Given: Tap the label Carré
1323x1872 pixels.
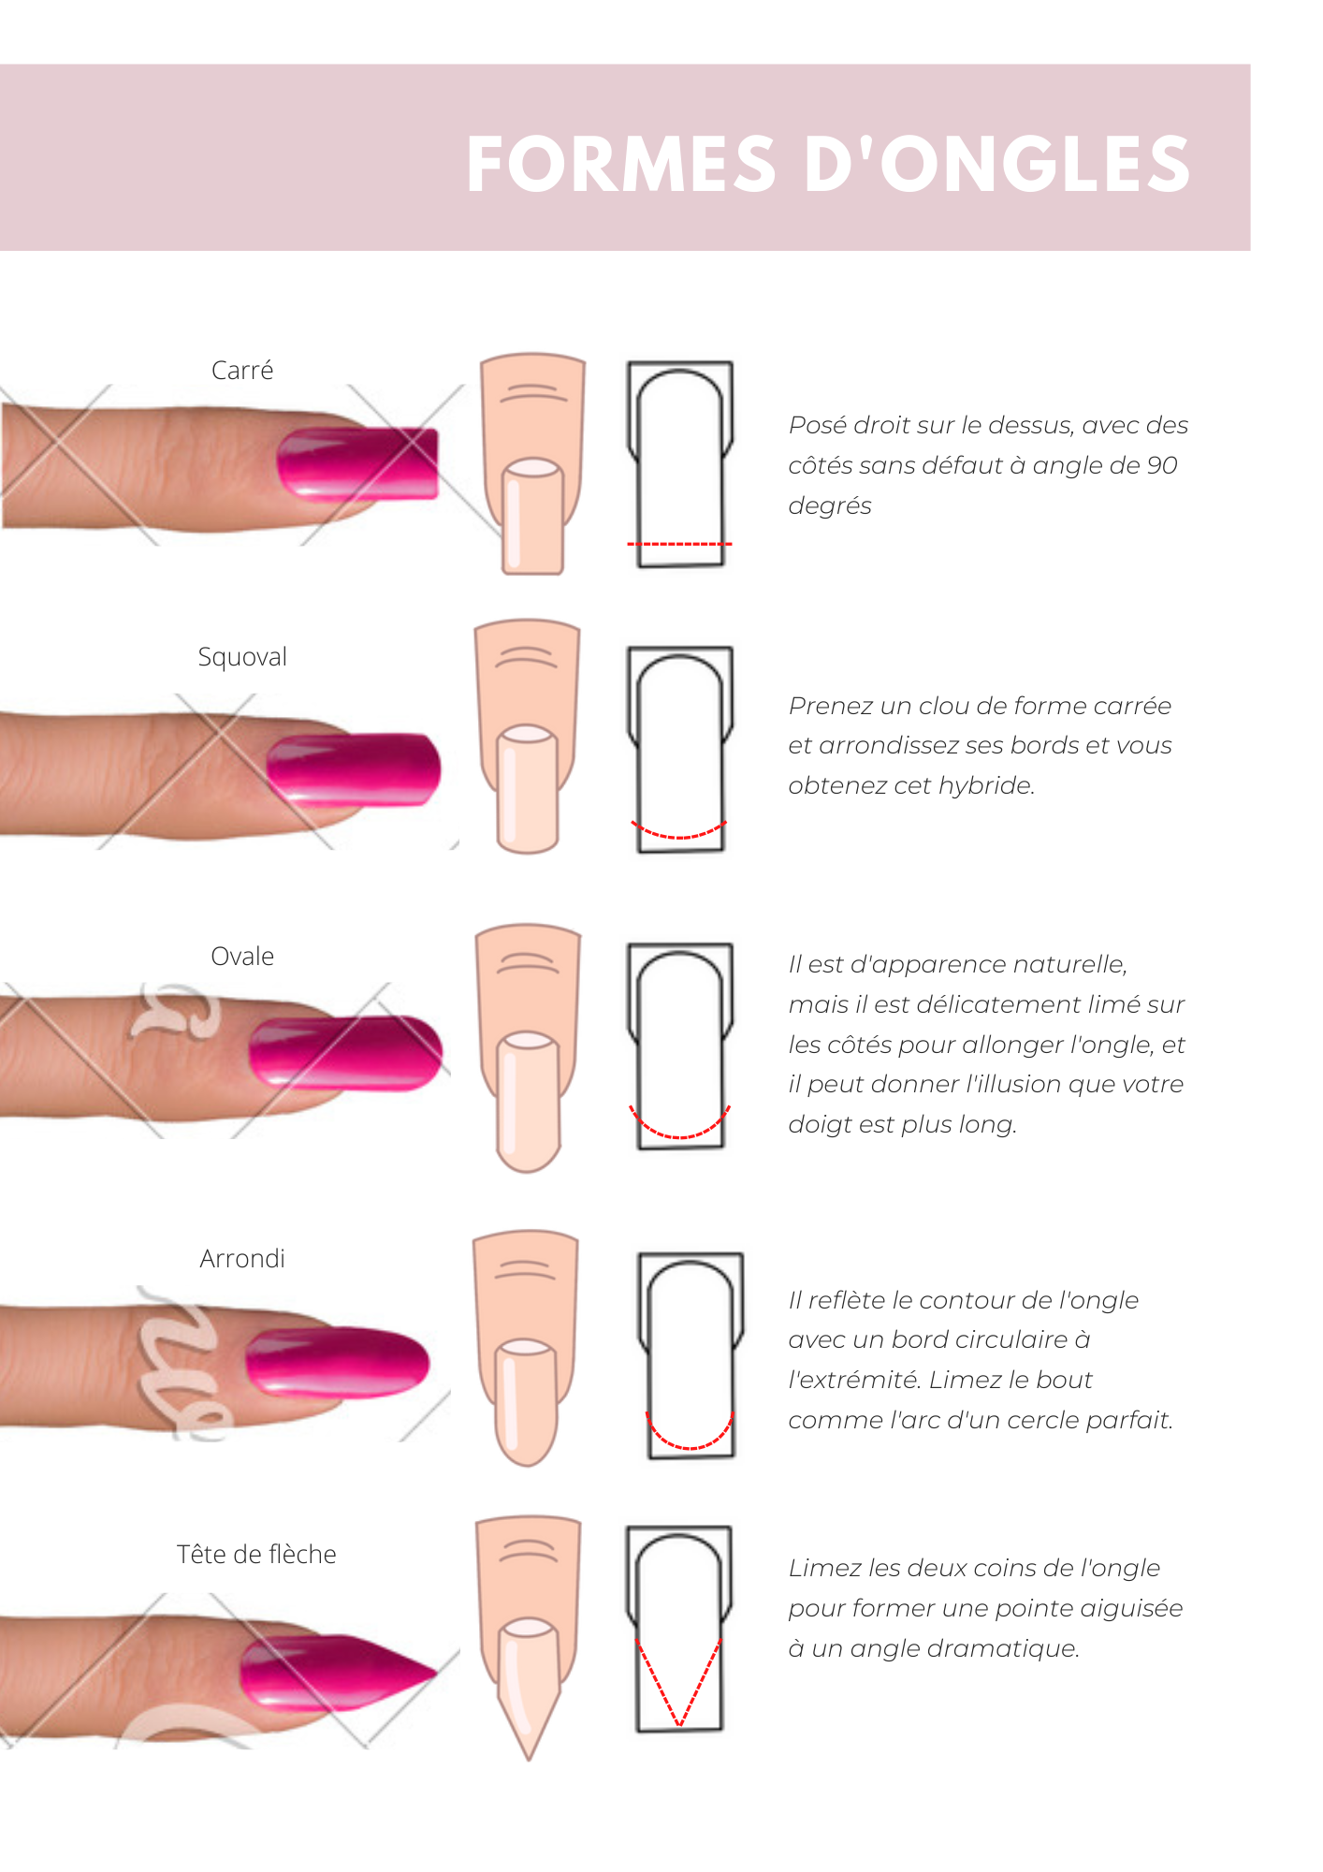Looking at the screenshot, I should click(x=242, y=371).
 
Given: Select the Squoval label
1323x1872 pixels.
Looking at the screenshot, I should click(x=242, y=657).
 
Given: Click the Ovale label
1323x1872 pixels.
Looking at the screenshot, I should click(x=242, y=957).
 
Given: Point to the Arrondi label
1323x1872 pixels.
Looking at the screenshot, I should click(x=242, y=1259).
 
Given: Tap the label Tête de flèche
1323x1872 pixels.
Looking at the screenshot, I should click(x=256, y=1555).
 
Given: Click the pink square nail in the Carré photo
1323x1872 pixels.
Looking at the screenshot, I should click(x=360, y=462).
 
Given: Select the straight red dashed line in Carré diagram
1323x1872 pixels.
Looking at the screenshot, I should click(x=679, y=544).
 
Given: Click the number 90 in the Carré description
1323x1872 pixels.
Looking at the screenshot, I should click(x=1162, y=465).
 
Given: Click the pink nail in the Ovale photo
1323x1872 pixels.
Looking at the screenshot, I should click(x=346, y=1052).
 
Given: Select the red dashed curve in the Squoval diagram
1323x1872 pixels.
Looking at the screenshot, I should click(x=679, y=835).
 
